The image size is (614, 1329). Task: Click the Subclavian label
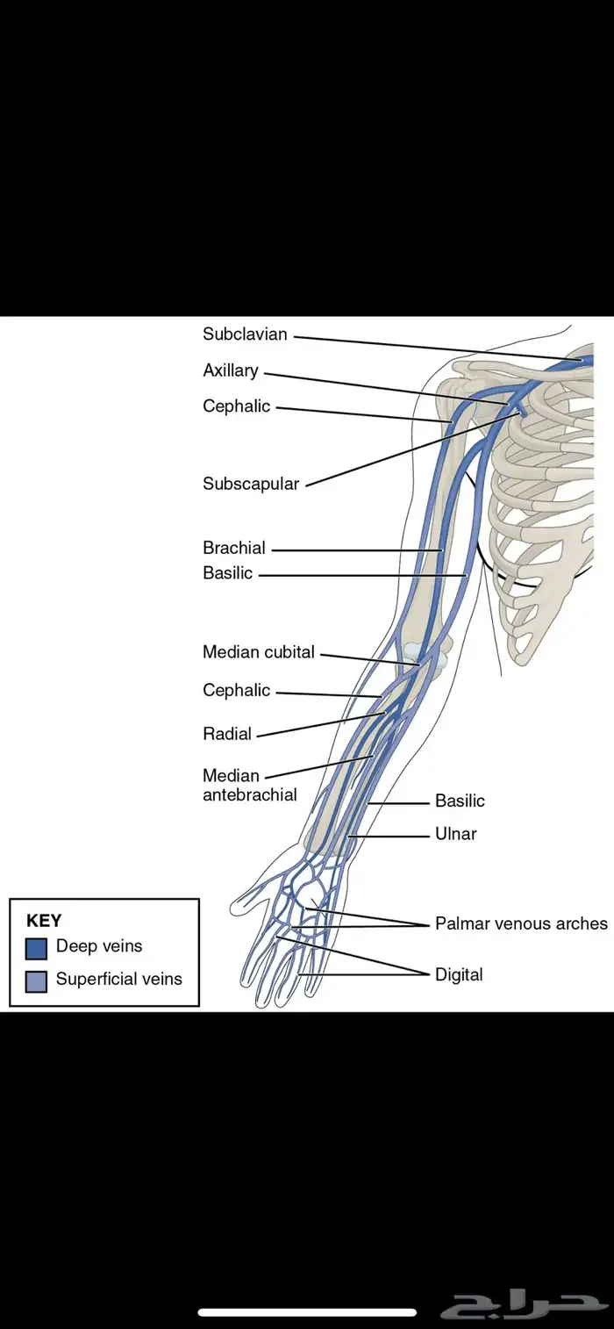(245, 334)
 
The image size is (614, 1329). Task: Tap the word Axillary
(231, 370)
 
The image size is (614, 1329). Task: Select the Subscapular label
(251, 484)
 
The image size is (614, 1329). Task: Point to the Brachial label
(234, 548)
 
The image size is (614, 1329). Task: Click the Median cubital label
(259, 652)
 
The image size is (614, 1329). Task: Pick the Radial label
(227, 734)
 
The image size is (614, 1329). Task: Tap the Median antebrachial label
(249, 785)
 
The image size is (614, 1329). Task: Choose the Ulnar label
(456, 834)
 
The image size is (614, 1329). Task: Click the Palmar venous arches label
(521, 923)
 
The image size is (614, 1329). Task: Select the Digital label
(459, 974)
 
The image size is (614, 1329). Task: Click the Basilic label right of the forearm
(460, 801)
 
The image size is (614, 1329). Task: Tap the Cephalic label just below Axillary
(237, 406)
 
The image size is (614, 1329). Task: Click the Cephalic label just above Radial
(237, 690)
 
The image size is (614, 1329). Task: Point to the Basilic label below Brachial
(228, 573)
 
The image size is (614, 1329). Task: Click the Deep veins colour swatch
(37, 948)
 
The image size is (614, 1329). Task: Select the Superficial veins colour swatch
(37, 981)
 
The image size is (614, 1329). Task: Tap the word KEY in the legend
(44, 921)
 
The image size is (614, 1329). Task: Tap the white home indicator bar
(307, 1313)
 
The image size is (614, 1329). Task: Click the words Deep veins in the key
(99, 946)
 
